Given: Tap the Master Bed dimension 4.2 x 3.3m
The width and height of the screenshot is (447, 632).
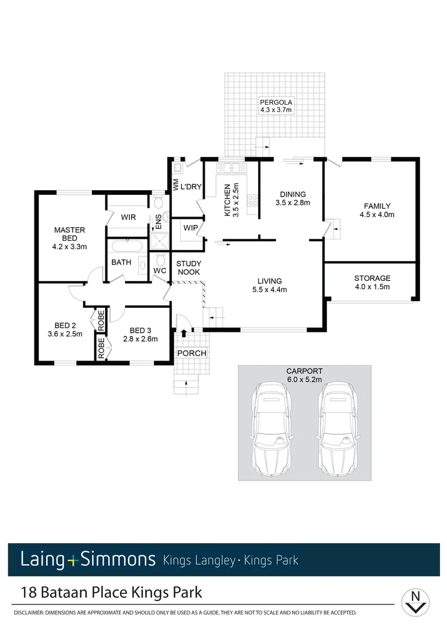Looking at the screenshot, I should pos(69,246).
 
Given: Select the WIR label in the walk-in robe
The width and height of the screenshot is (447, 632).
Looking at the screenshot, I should pos(129,217).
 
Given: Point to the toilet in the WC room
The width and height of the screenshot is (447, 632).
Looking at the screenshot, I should pos(161,259).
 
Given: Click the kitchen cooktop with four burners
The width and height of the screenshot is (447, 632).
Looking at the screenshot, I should pos(253,201).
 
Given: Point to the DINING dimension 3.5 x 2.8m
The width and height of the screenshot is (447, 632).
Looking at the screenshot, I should pos(292,203).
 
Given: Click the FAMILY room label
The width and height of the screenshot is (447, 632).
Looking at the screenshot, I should pos(377,206).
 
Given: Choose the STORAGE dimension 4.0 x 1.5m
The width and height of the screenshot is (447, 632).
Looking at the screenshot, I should pos(372,287).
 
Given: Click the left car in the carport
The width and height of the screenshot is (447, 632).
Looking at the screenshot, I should pos(271,427).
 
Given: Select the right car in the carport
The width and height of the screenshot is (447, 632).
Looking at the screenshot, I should pos(338,427).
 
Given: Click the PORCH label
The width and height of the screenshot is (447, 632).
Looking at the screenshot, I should pos(192,353).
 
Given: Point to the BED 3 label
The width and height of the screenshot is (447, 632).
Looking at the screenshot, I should pos(140,329).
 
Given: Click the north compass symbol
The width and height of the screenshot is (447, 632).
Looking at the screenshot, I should pos(416,601).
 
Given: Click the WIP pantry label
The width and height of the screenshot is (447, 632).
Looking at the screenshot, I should pos(190,227).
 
